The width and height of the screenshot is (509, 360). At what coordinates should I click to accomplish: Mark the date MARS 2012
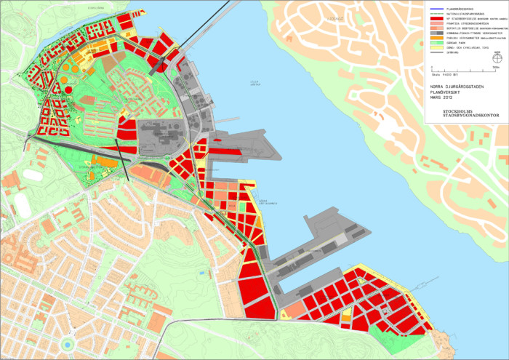point(441,97)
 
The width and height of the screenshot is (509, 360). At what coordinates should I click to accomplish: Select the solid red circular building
point(68,89)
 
